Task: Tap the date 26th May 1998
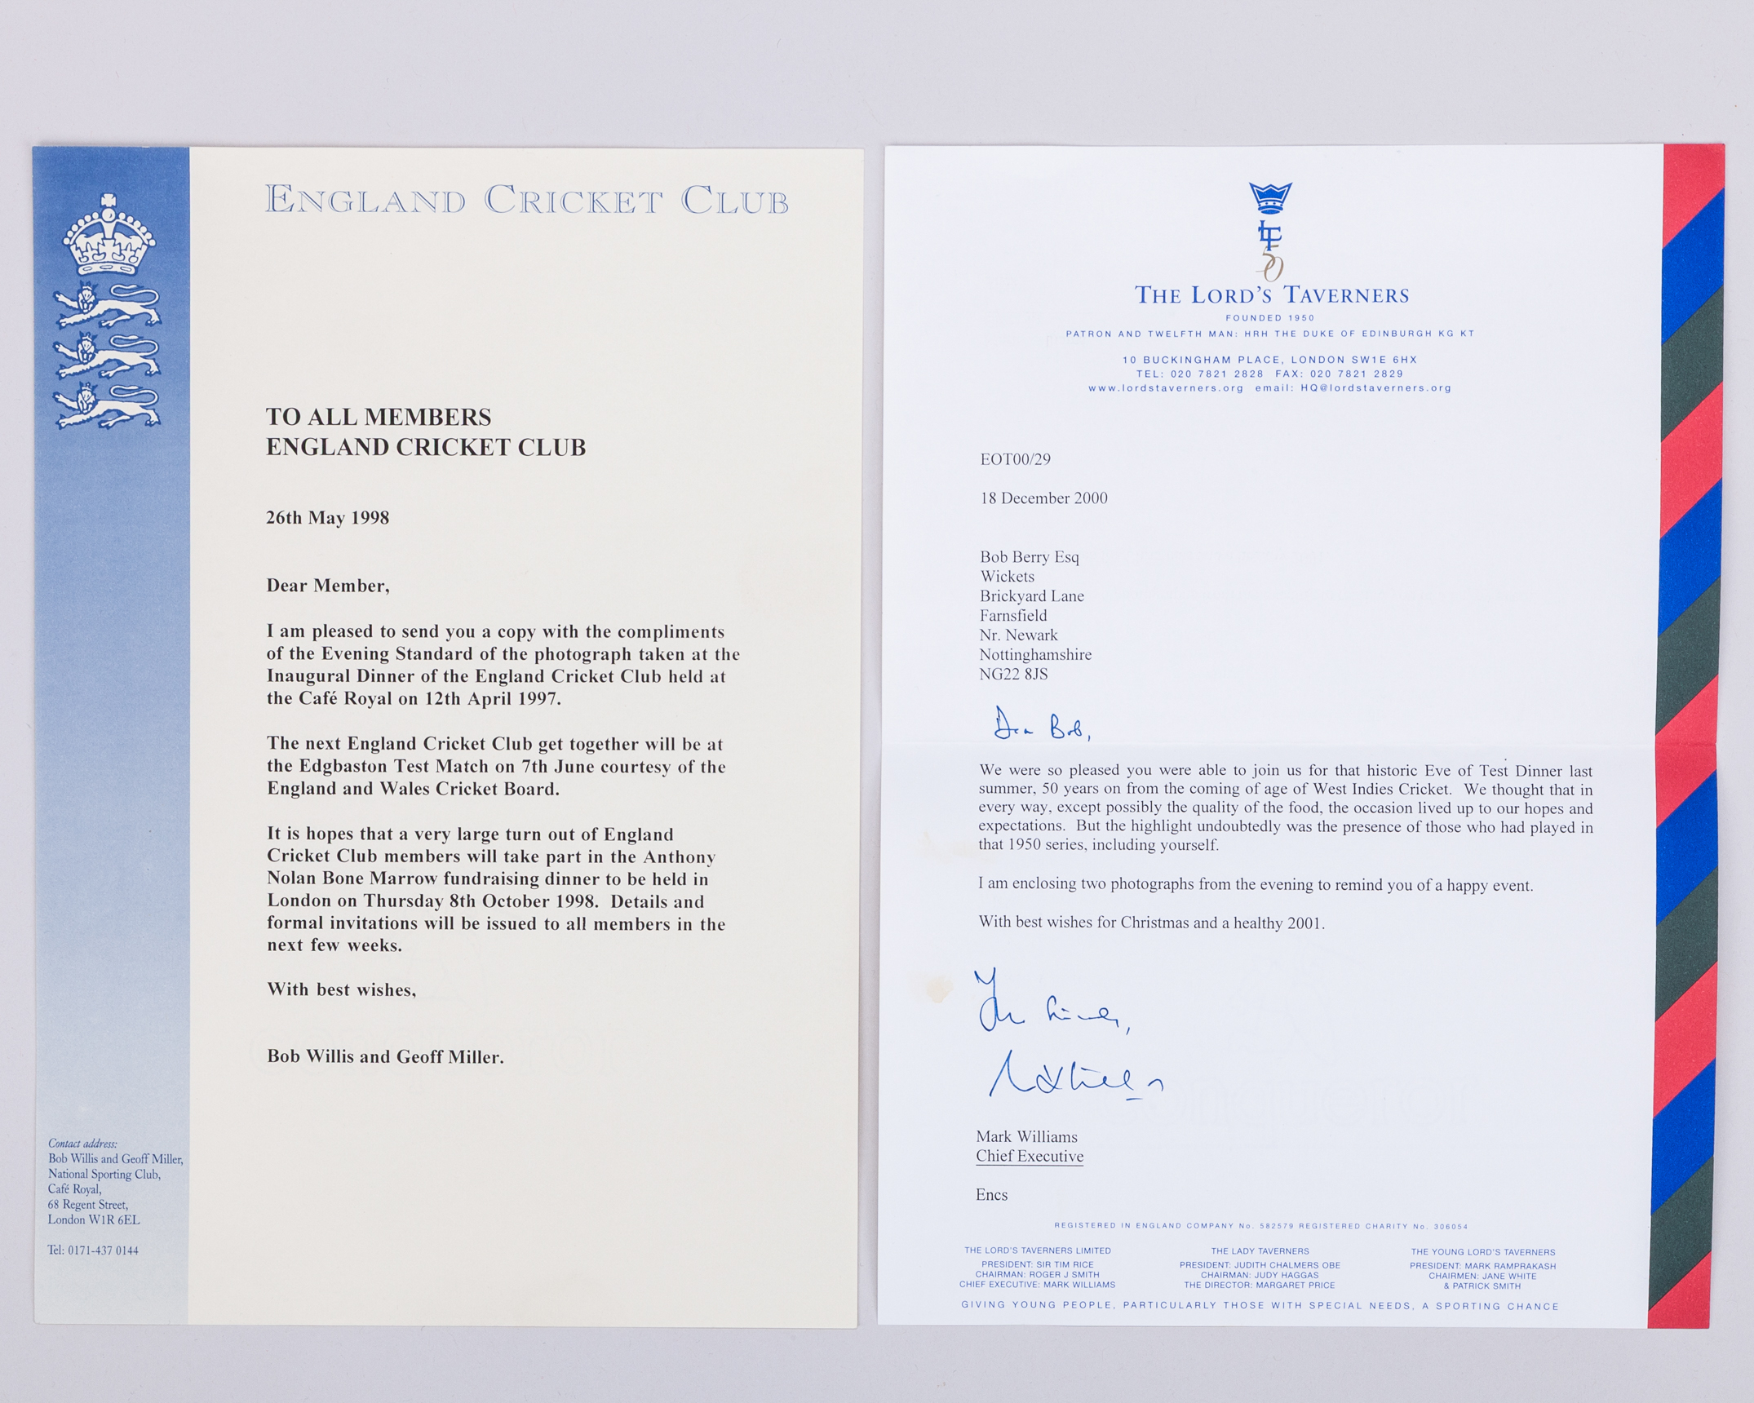[327, 518]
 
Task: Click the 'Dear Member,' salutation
[328, 586]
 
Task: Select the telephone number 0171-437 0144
[103, 1250]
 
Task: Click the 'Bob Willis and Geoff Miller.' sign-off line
[385, 1057]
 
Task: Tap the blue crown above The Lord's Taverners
[1270, 197]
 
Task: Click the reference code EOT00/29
[1015, 459]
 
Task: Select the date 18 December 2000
[1043, 498]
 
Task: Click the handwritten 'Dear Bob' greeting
[1041, 725]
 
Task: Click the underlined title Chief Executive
[1030, 1157]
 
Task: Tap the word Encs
[991, 1195]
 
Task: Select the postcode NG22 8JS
[1013, 675]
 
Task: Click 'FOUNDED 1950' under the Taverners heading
[1270, 318]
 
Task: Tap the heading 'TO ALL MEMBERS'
[379, 418]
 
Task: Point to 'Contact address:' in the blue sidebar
[82, 1144]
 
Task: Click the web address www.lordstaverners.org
[1166, 388]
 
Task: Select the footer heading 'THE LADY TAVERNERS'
[1260, 1251]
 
